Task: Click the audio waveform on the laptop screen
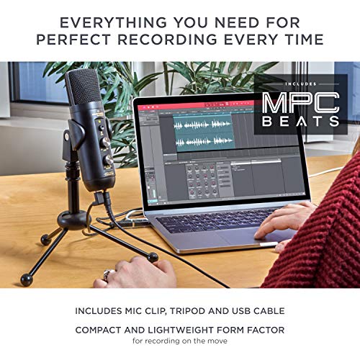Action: point(209,133)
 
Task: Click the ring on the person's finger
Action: point(107,274)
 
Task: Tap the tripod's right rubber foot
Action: point(153,256)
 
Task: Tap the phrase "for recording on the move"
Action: point(179,343)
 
